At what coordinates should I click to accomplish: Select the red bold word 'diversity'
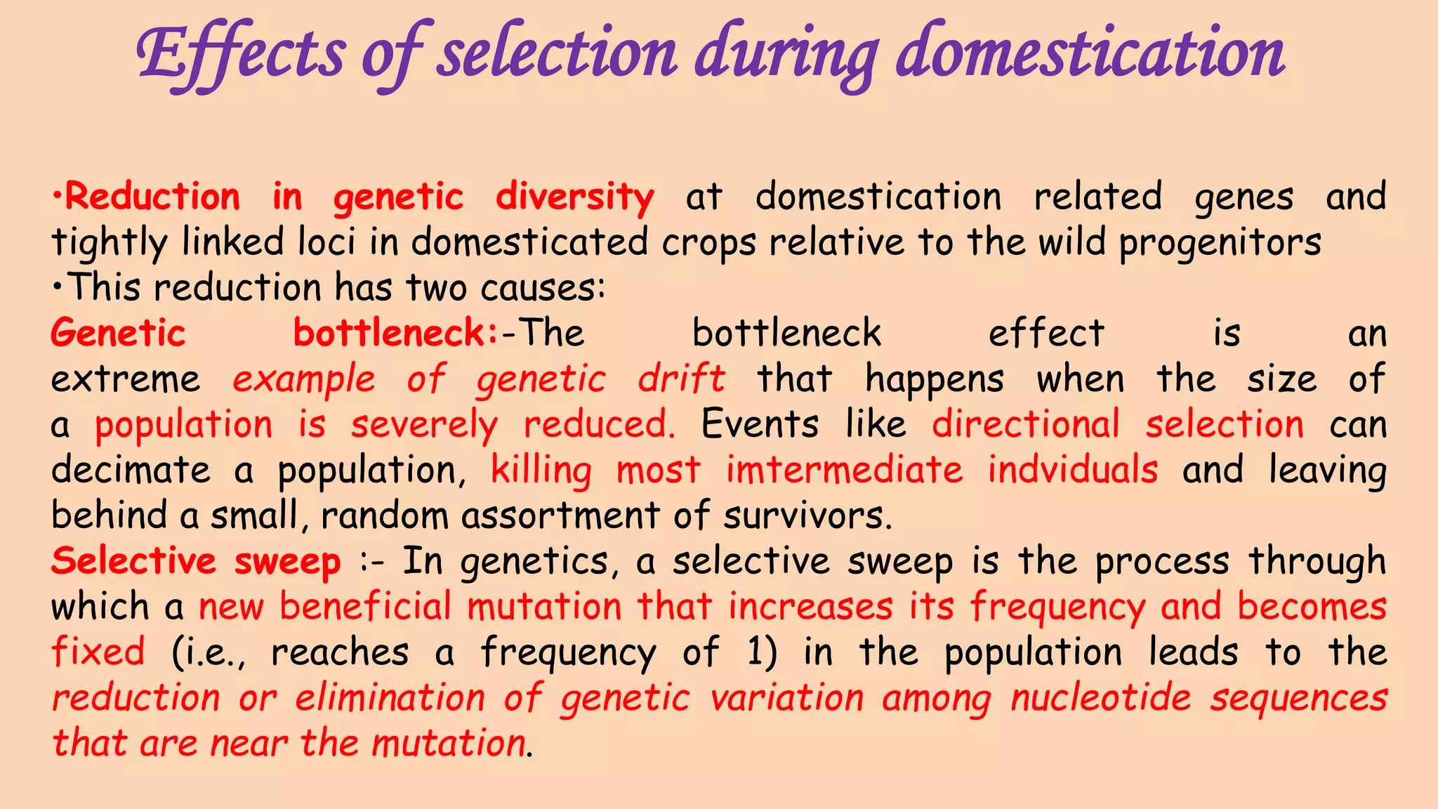[574, 197]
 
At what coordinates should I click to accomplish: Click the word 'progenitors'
[1220, 243]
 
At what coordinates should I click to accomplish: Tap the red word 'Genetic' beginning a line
[118, 333]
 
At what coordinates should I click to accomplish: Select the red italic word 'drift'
[681, 379]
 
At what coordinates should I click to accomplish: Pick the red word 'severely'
[424, 426]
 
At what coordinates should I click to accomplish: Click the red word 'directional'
[1025, 425]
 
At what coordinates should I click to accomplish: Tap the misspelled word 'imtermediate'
[844, 470]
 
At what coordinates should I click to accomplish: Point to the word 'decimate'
[131, 470]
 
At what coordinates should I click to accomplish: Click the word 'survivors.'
[807, 516]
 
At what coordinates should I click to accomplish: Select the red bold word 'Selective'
[133, 561]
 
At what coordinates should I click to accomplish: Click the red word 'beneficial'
[365, 607]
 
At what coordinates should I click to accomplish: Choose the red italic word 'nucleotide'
[1101, 698]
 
